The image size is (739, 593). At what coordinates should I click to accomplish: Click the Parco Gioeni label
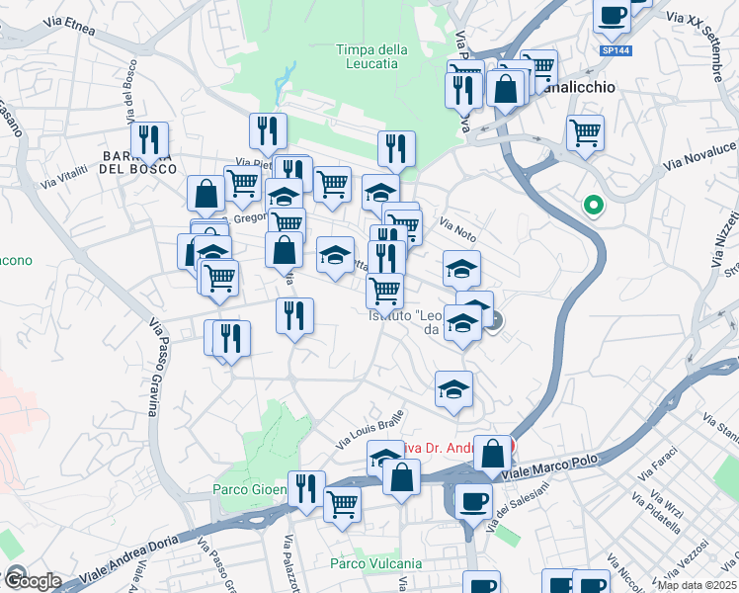[249, 489]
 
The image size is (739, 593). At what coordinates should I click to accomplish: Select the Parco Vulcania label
[375, 563]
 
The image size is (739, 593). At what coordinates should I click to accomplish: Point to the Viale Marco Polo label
[553, 474]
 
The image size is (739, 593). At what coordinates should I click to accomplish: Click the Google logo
[32, 581]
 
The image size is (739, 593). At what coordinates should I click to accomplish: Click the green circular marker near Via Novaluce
[594, 206]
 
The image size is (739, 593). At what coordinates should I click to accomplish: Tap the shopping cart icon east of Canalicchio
[586, 131]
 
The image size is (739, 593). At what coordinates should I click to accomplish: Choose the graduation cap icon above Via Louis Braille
[454, 388]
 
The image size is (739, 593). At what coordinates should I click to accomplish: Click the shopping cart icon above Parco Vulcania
[343, 503]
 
